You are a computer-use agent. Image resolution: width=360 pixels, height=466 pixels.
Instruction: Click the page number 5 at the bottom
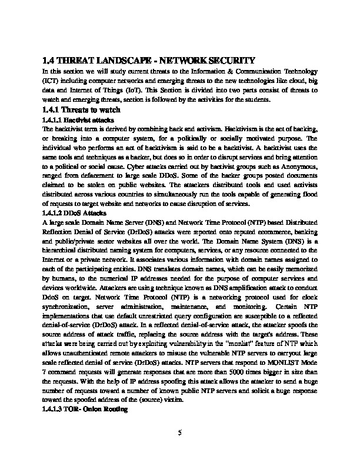point(180,434)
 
